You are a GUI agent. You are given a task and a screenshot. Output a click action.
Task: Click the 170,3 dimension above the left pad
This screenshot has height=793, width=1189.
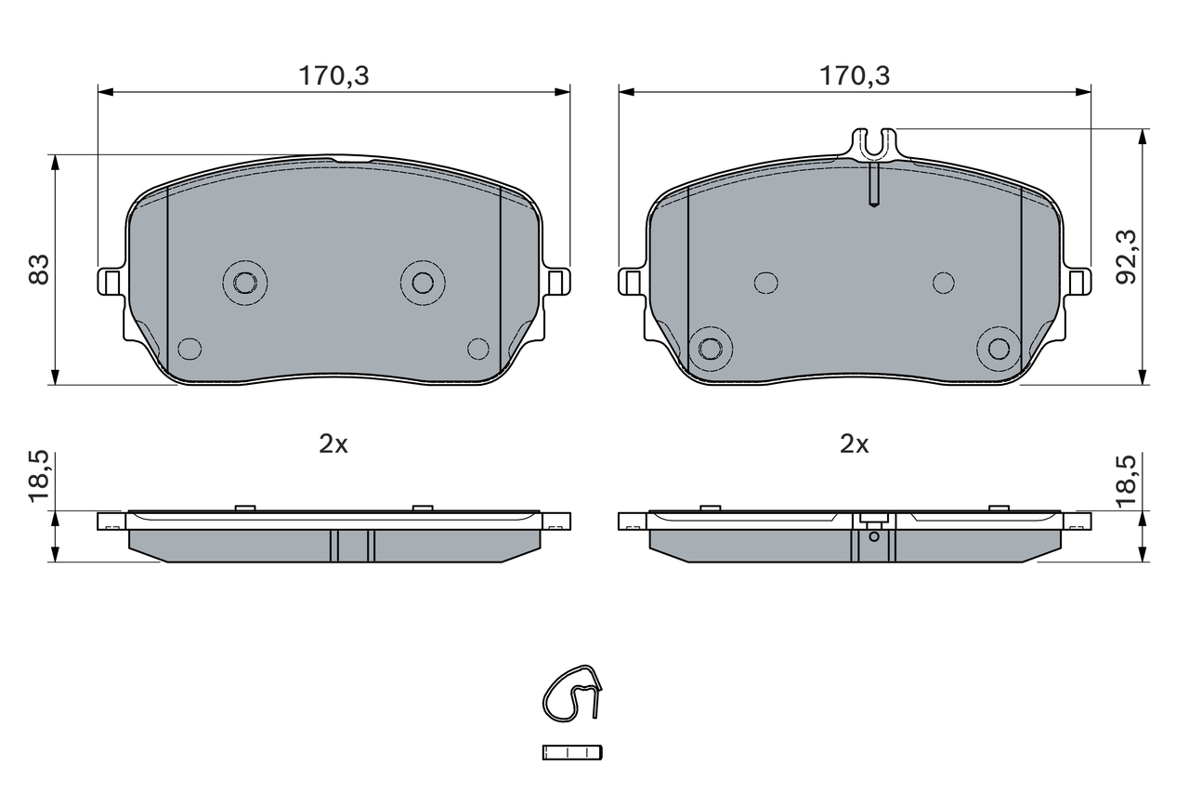pos(333,76)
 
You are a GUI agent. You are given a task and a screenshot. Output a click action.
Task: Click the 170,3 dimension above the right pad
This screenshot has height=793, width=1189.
pos(855,76)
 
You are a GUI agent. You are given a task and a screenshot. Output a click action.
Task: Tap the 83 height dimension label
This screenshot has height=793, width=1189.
pos(39,270)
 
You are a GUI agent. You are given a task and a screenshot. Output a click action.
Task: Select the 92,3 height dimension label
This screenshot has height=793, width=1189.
pos(1126,258)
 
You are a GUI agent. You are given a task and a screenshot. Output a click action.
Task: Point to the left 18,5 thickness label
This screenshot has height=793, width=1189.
pos(39,476)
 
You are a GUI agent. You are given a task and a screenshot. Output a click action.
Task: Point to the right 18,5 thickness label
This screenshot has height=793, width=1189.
pos(1126,480)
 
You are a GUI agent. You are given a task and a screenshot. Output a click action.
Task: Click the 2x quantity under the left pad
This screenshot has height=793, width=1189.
pos(333,444)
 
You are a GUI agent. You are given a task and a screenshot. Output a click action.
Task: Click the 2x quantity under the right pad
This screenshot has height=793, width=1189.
pos(854,444)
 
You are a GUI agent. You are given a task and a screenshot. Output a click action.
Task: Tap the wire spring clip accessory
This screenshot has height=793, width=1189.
pos(572,694)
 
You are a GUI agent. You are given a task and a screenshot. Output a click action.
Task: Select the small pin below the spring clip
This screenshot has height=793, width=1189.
pos(572,753)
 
